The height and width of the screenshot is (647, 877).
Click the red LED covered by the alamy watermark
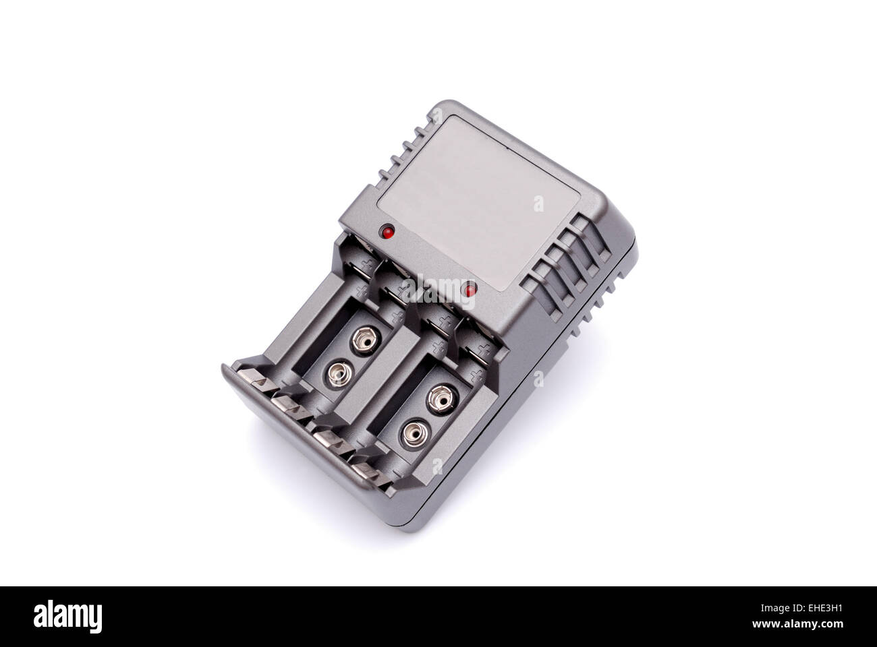tap(470, 290)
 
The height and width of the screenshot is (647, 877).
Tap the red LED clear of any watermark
tap(387, 231)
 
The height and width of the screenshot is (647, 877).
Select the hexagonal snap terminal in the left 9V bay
tap(366, 339)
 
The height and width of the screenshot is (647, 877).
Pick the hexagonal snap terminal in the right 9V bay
tap(441, 400)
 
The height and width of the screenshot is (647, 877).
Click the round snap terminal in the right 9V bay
tap(415, 435)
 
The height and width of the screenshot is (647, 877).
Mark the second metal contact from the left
tap(292, 408)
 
